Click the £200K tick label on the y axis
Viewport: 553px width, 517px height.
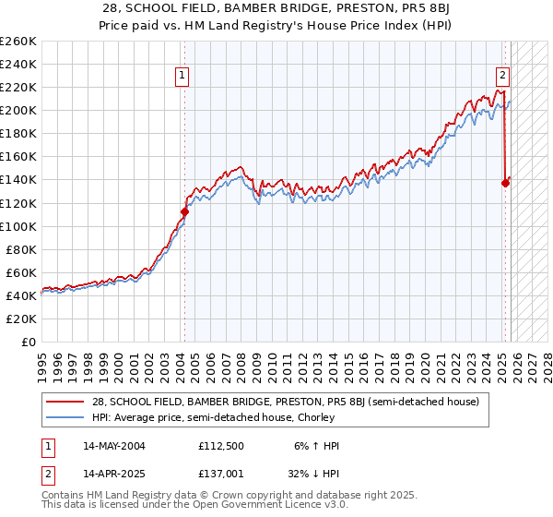pos(18,110)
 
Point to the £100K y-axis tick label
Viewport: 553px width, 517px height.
pos(18,226)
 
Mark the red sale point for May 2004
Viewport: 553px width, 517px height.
pos(184,211)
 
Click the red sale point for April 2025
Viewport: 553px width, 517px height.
pos(505,183)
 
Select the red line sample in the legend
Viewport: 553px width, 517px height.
pos(65,403)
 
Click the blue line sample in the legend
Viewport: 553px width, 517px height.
pos(65,418)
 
